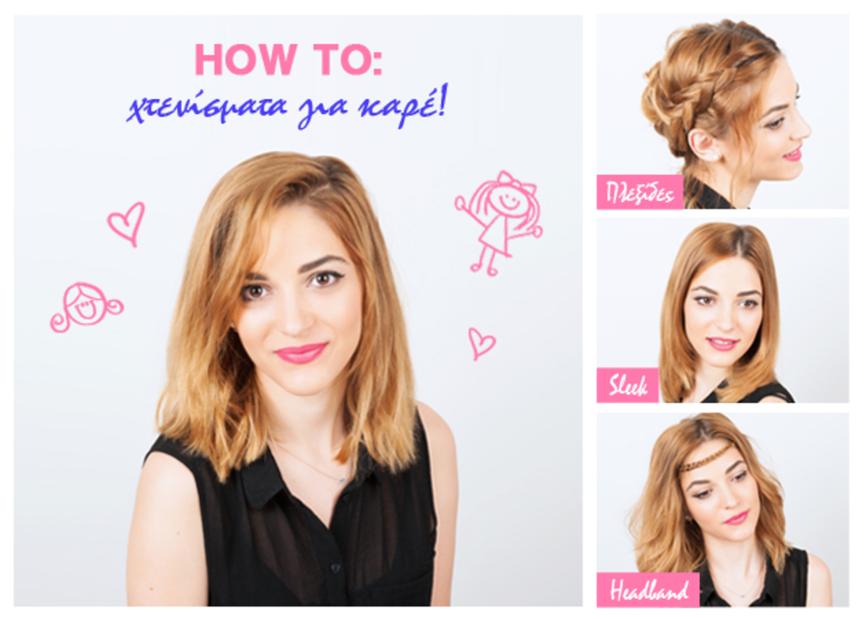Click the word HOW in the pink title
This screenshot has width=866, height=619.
click(246, 59)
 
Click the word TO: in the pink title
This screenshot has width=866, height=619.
click(348, 59)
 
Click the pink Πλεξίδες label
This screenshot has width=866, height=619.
click(640, 192)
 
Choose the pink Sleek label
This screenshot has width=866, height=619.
click(627, 385)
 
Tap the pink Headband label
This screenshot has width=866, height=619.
click(648, 590)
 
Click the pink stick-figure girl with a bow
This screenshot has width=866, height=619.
click(499, 223)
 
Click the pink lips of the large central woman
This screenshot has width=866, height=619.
click(301, 352)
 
